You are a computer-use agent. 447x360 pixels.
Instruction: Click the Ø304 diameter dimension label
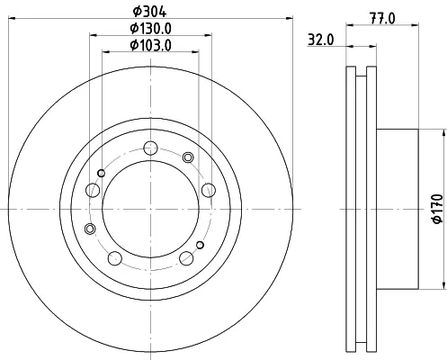pos(149,12)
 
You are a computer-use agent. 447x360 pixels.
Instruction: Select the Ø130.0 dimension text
pos(150,29)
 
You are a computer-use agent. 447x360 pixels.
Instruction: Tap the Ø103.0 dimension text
pos(150,46)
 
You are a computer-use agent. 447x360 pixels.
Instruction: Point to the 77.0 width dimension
pos(382,19)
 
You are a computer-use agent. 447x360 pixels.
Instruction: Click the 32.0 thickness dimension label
pos(320,40)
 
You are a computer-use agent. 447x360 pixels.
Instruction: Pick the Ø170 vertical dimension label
pos(437,209)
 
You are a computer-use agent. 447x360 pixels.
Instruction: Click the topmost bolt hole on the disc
pos(150,148)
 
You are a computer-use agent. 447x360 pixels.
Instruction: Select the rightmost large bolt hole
pos(209,190)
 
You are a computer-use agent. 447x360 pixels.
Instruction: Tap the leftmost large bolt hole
pos(93,190)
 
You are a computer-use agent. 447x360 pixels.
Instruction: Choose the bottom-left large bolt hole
pos(115,258)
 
